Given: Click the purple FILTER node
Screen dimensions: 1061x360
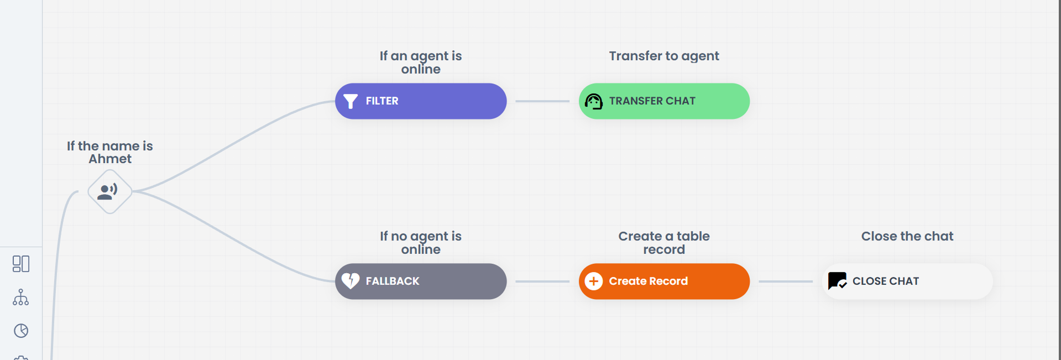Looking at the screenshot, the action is pos(421,101).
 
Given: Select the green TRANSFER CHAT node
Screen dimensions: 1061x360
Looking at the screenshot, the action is pos(664,101).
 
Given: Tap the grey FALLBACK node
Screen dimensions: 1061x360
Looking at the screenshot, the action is pos(421,281).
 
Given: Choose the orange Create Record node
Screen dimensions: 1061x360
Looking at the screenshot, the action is pos(664,281).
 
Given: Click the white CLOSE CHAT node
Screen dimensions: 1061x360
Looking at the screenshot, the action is pos(907,281).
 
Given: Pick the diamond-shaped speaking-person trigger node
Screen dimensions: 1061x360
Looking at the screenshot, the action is pos(110,191).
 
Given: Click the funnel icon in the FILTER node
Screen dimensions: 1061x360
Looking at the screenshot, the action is pos(351,101).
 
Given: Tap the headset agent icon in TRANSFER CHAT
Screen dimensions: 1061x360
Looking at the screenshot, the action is pos(594,101).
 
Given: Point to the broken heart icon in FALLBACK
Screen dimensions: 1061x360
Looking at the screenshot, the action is pos(351,281).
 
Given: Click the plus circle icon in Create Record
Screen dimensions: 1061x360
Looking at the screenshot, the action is pos(594,281).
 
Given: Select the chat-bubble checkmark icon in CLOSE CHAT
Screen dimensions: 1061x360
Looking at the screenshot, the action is pos(837,281).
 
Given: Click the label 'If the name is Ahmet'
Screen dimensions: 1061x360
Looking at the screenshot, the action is pos(110,152).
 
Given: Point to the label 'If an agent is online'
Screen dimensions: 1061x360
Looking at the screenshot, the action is pos(421,62).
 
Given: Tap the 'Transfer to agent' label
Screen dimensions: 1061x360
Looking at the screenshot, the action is pos(664,56).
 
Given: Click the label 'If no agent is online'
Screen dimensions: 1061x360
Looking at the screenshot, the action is pos(421,243).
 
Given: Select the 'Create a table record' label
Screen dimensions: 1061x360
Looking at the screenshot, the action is pos(664,243).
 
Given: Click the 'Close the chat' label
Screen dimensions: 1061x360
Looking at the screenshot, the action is pos(907,236).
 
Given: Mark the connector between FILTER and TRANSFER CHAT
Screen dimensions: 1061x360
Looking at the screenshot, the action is pos(542,101).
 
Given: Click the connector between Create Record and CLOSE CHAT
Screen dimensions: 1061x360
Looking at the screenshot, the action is pos(786,281).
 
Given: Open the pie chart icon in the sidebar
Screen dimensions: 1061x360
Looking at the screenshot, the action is pos(21,331).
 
